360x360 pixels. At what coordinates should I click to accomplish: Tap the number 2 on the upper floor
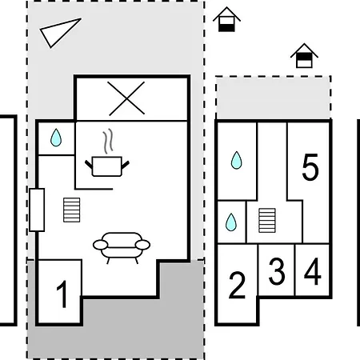pos(237,285)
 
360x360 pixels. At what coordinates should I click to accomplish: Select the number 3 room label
pos(277,270)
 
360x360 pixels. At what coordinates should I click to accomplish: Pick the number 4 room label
pos(313,271)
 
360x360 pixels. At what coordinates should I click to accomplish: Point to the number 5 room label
pos(310,167)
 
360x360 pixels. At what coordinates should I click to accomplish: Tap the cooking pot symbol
pos(107,166)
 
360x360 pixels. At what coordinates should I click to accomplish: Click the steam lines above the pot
pos(108,141)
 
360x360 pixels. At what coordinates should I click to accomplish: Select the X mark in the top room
pos(126,98)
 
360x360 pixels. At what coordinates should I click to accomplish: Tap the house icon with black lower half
pos(226,19)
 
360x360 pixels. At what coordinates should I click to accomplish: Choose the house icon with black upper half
pos(304,55)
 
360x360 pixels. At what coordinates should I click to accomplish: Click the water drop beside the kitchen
pos(56,138)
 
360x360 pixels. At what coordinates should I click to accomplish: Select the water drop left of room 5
pos(237,160)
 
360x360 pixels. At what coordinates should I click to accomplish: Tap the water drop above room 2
pos(231,222)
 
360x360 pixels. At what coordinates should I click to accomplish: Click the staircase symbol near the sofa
pos(72,210)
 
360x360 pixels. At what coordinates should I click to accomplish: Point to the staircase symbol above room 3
pos(267,220)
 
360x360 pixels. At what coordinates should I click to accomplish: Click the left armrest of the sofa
pos(101,245)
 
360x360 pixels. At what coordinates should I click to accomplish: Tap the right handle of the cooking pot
pos(125,165)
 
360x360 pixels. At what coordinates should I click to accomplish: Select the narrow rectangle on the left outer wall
pos(37,210)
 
